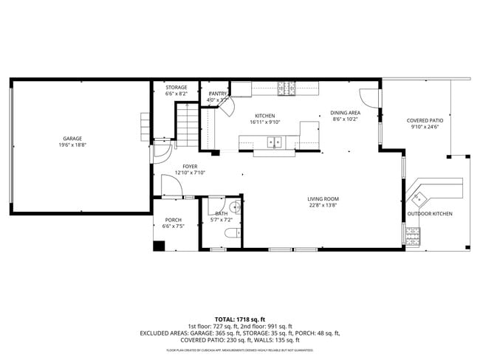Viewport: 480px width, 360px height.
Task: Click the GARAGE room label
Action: point(72,138)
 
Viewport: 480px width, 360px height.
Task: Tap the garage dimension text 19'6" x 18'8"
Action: point(72,145)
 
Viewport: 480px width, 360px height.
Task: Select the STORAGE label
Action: point(176,87)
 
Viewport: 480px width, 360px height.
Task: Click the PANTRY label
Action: point(217,94)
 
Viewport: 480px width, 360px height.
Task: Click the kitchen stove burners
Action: point(287,89)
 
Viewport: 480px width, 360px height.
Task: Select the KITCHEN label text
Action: point(264,116)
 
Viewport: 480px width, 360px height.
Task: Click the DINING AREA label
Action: point(345,112)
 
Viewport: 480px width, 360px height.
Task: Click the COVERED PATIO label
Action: point(425,120)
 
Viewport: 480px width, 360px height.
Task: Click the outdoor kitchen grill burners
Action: point(412,236)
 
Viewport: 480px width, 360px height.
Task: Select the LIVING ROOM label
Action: point(323,198)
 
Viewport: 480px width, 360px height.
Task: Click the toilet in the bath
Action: point(232,234)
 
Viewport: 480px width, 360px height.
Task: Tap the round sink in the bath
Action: point(235,207)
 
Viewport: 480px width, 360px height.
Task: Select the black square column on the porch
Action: point(159,245)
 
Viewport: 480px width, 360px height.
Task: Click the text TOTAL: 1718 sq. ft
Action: point(239,319)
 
